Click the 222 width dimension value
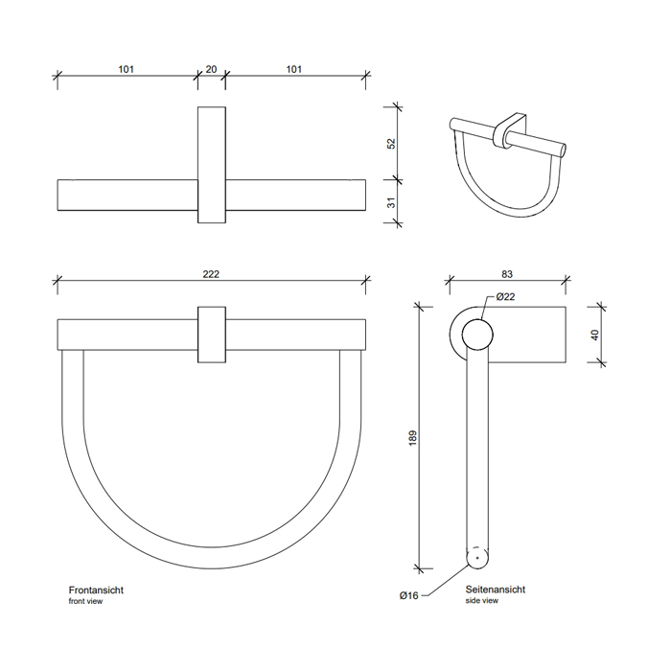211,274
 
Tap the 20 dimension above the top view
211,69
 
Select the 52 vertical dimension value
391,144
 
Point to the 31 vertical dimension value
391,202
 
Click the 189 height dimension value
412,438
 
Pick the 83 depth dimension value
507,274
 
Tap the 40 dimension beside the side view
594,335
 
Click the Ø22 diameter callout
505,296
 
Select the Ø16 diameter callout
408,595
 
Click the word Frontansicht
96,590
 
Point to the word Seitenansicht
496,590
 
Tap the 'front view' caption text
85,601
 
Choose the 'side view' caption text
482,600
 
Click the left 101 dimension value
126,69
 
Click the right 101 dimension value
293,69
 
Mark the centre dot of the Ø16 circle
477,558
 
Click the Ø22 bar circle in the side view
477,319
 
